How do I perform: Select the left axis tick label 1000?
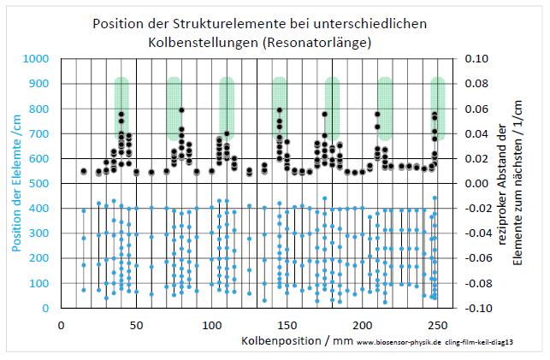[x=37, y=59]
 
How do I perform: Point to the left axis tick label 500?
[x=40, y=184]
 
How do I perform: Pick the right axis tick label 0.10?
[x=476, y=59]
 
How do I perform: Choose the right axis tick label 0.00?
[x=476, y=184]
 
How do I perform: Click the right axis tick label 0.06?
[x=476, y=109]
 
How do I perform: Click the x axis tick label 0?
[x=61, y=326]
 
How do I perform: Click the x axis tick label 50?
[x=136, y=326]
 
